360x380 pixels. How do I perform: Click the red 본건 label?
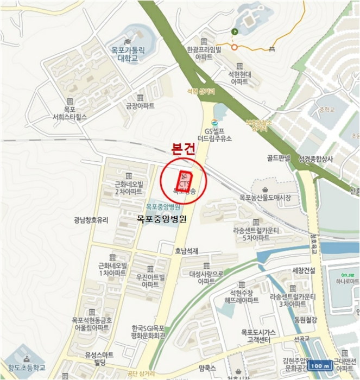(x=182, y=149)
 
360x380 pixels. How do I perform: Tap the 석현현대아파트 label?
(x=238, y=77)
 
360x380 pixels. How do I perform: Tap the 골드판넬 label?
(x=279, y=159)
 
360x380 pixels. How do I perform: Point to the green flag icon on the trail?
(x=235, y=32)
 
